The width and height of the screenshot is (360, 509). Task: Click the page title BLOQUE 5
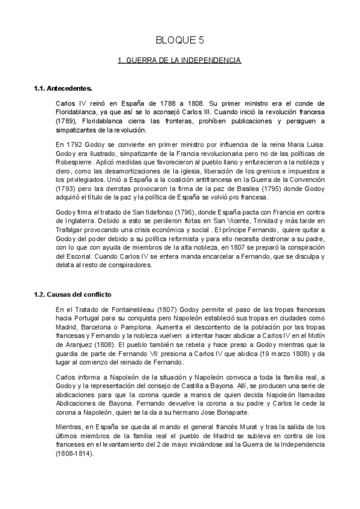179,40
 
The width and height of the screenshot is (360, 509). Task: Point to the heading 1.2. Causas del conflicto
73,294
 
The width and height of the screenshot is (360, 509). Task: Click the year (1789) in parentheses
65,121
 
